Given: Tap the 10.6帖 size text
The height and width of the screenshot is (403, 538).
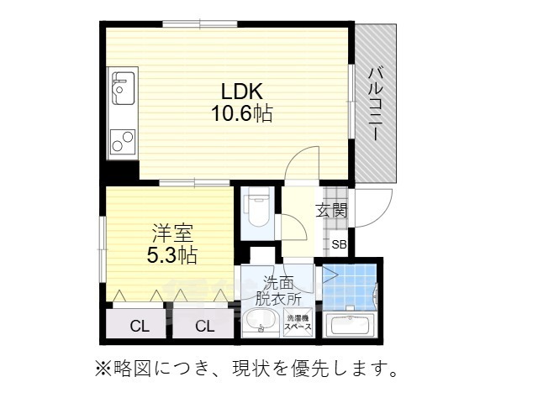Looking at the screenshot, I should pyautogui.click(x=241, y=113).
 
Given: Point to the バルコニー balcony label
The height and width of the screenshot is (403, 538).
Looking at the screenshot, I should pyautogui.click(x=376, y=102).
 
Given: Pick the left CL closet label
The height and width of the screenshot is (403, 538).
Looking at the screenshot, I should pyautogui.click(x=139, y=326).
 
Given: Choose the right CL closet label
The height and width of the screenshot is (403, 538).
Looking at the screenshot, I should pyautogui.click(x=204, y=326).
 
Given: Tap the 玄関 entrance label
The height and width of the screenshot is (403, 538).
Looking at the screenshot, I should pyautogui.click(x=331, y=210).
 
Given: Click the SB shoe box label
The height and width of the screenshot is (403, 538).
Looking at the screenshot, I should pyautogui.click(x=338, y=245).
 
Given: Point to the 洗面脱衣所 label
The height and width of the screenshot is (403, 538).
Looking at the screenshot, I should pyautogui.click(x=277, y=290).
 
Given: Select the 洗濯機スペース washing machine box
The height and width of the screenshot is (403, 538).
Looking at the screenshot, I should pyautogui.click(x=299, y=323).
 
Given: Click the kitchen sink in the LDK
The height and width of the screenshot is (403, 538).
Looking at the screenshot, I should pyautogui.click(x=123, y=86).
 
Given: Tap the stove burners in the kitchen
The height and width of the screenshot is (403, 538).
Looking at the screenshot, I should pyautogui.click(x=123, y=139).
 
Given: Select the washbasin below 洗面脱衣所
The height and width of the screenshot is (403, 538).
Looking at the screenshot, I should pyautogui.click(x=262, y=323).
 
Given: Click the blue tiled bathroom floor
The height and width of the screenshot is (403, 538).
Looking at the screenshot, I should pyautogui.click(x=346, y=285).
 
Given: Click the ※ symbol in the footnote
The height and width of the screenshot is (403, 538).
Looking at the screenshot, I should pyautogui.click(x=102, y=368).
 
